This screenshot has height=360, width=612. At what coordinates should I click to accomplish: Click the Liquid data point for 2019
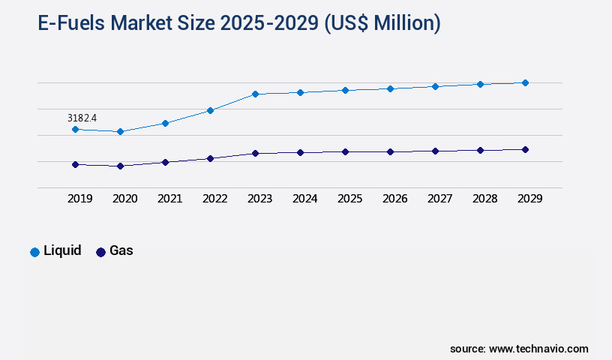click(x=75, y=129)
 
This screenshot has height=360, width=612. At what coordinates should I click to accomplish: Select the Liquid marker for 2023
click(x=255, y=94)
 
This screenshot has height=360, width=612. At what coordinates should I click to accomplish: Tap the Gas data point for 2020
click(x=120, y=166)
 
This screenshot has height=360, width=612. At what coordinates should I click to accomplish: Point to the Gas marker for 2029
click(x=525, y=149)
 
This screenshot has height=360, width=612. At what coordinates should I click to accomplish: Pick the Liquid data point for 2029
click(x=525, y=82)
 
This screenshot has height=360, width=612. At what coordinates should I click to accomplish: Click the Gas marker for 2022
click(x=210, y=158)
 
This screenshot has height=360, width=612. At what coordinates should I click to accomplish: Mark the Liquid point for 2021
click(x=165, y=123)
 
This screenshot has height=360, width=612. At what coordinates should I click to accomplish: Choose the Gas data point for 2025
click(x=345, y=151)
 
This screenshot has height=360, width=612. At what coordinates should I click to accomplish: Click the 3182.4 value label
click(x=82, y=118)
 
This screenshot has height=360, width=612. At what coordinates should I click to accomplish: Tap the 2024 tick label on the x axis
click(x=304, y=199)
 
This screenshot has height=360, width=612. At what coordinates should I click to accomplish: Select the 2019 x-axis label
click(x=79, y=199)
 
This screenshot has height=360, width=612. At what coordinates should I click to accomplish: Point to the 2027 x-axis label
click(x=439, y=199)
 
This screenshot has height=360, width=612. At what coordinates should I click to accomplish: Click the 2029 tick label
click(x=529, y=199)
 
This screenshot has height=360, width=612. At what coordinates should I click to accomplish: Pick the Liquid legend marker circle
click(x=34, y=252)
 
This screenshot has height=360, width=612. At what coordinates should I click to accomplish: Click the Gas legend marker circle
click(x=100, y=252)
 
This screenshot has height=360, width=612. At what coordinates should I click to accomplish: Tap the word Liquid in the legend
click(x=62, y=251)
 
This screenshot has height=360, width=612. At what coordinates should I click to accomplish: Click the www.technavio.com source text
click(x=538, y=349)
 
